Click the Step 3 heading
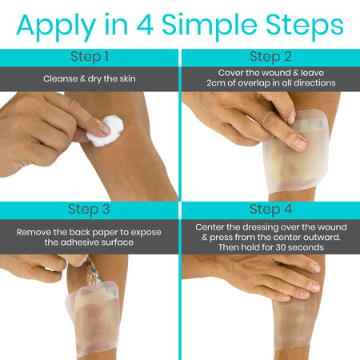(89, 210)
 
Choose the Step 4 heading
(270, 210)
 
